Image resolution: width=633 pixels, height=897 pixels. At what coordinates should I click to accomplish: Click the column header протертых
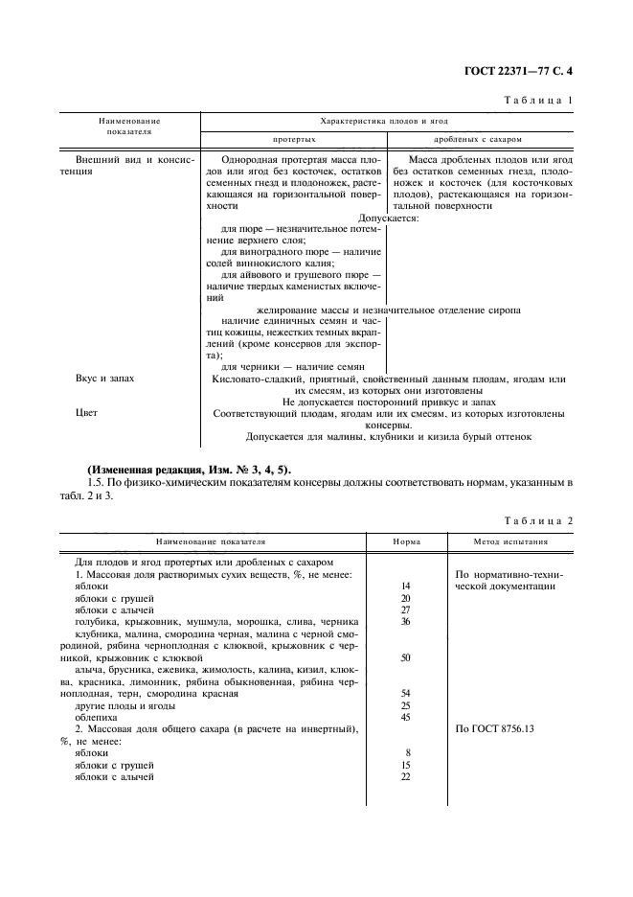coord(295,139)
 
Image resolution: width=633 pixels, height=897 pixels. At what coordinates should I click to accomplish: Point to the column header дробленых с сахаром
coord(485,139)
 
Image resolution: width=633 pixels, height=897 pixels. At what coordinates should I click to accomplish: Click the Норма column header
coord(405,540)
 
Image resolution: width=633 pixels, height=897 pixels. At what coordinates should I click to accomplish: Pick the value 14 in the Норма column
coord(405,585)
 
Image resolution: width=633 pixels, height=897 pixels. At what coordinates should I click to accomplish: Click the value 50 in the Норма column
coord(405,658)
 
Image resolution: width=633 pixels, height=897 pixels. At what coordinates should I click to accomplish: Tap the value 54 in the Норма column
coord(405,692)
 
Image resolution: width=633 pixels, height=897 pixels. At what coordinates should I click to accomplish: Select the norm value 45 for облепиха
coord(405,716)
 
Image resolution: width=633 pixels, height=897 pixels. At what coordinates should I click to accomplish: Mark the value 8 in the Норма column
coord(407,753)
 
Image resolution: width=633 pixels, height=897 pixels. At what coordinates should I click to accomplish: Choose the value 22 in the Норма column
coord(405,777)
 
